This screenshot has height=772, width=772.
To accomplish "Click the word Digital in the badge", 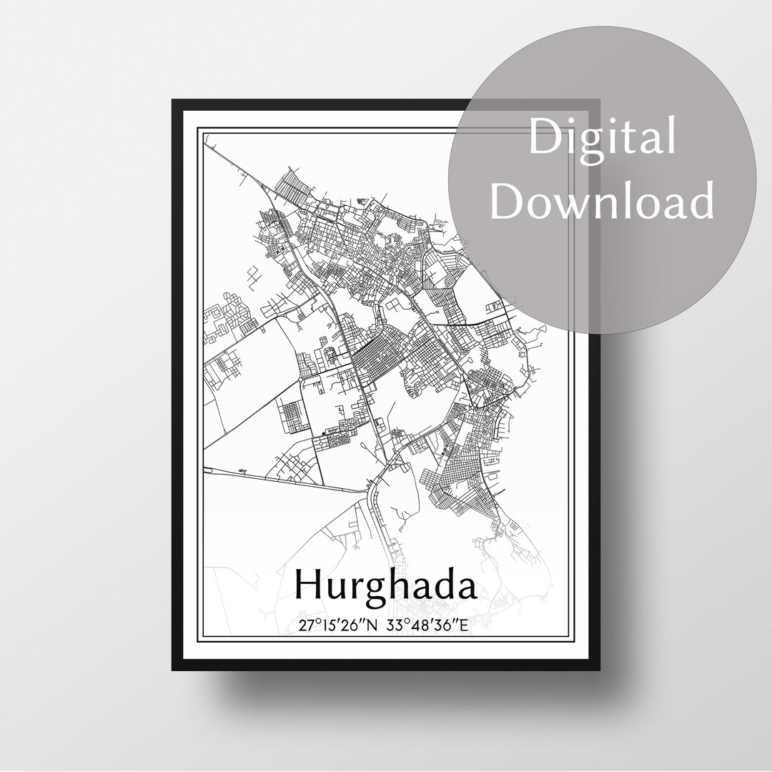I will click(602, 139).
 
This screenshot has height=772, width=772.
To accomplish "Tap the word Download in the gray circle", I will click(602, 201).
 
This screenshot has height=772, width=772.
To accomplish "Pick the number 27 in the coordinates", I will click(306, 625).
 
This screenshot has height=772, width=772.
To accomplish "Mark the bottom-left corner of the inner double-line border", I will click(199, 643).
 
